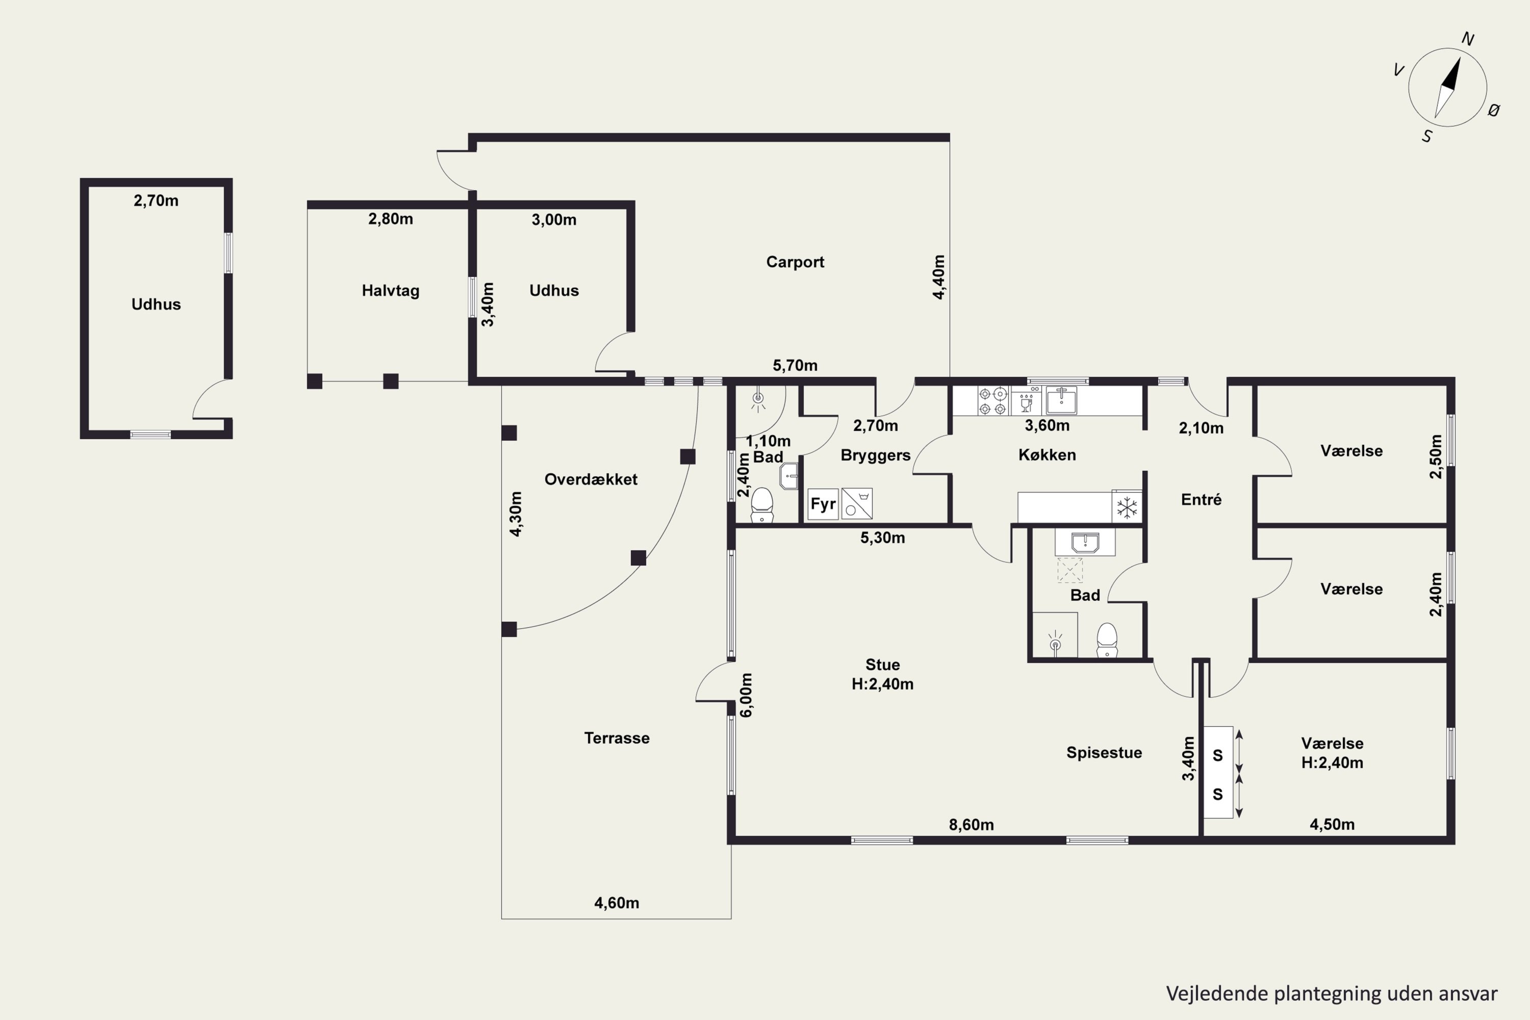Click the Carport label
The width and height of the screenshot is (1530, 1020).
point(795,262)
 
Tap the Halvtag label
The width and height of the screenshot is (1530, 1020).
point(390,291)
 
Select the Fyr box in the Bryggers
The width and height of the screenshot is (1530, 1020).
point(823,504)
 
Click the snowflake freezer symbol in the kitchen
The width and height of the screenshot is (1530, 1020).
point(1127,507)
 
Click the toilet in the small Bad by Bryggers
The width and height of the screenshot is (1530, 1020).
point(762,505)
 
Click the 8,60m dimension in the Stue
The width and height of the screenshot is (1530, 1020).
point(971,825)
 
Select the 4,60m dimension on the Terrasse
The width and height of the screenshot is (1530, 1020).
point(617,903)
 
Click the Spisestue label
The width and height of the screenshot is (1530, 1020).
point(1104,753)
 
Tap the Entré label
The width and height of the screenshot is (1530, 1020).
point(1201,500)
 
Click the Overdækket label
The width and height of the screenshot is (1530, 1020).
point(591,479)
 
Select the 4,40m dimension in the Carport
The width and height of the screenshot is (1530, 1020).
point(939,277)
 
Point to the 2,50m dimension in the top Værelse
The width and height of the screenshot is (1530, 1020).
point(1435,456)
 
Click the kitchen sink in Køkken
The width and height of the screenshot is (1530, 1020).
point(1061,401)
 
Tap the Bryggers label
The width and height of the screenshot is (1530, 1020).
point(876,455)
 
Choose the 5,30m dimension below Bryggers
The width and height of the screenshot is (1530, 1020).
point(883,538)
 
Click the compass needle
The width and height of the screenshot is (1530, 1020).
point(1447,88)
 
